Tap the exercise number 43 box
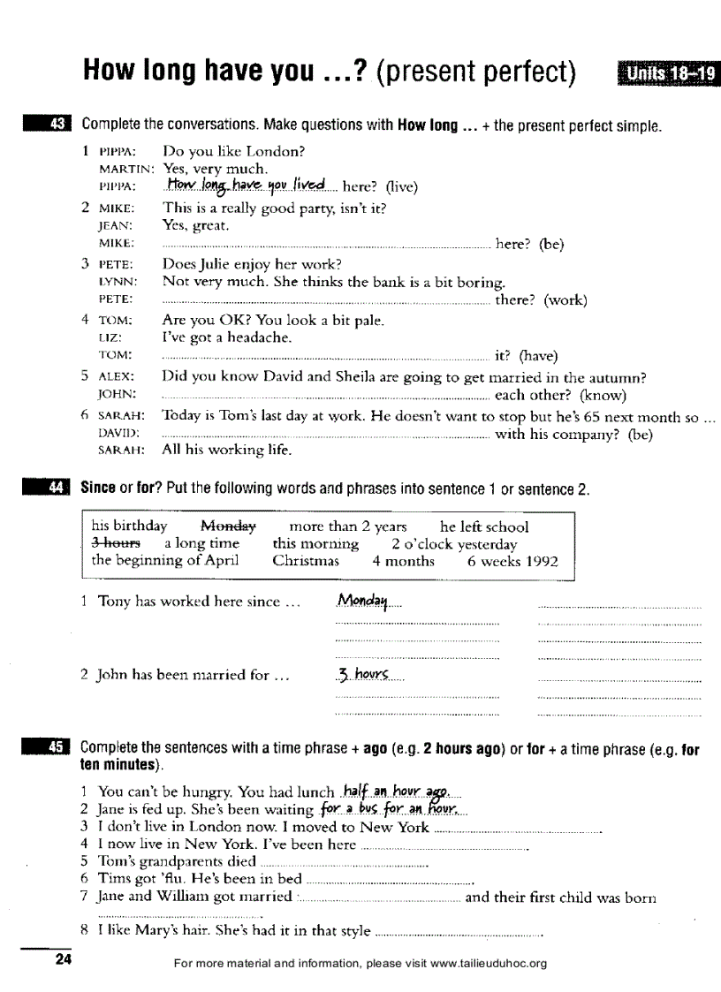point(49,125)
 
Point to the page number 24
point(63,961)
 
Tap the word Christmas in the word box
point(306,561)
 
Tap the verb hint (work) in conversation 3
point(565,300)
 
